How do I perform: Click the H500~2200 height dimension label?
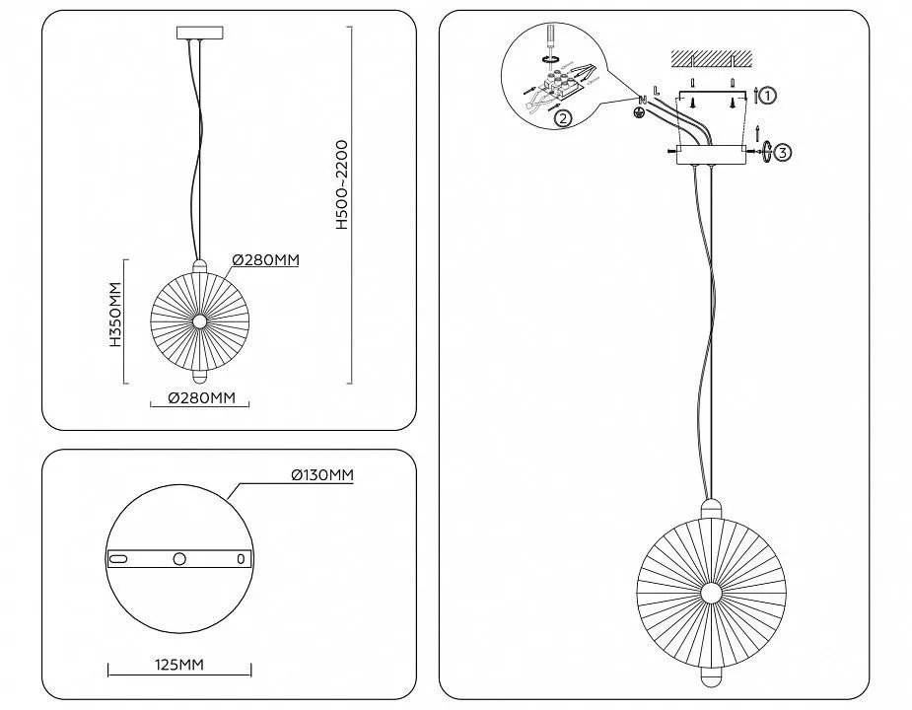click(342, 184)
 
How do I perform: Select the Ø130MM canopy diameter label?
click(322, 475)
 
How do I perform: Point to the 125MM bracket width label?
click(179, 664)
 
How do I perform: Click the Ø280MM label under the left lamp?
click(201, 398)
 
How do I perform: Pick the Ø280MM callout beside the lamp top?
click(266, 259)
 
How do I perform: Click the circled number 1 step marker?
click(768, 95)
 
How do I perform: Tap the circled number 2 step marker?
click(562, 118)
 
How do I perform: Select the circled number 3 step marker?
click(783, 153)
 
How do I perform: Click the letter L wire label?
click(656, 91)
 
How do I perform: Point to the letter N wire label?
click(643, 101)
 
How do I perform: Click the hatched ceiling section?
click(712, 58)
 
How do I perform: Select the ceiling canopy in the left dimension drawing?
click(199, 33)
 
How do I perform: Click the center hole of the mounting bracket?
click(179, 559)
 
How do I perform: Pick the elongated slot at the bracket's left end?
click(118, 559)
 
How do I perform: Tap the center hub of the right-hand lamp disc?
click(711, 594)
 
